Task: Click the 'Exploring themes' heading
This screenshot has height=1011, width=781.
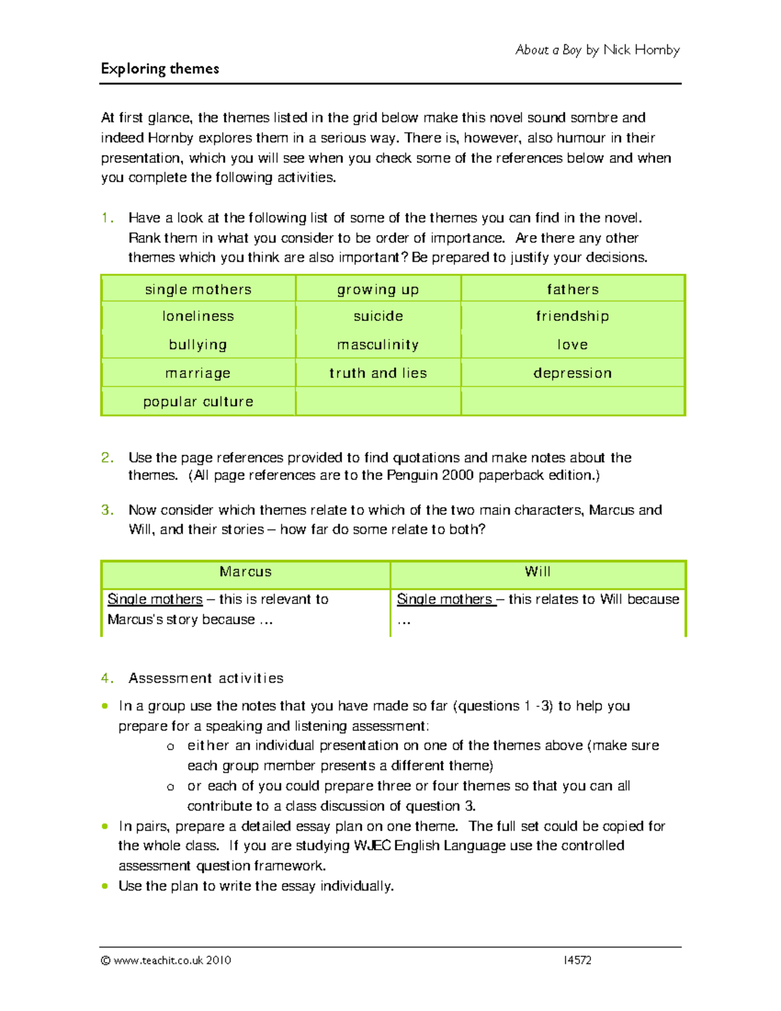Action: coord(160,69)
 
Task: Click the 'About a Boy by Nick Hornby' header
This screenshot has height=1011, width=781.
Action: coord(597,50)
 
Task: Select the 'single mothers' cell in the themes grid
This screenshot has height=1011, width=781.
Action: coord(198,290)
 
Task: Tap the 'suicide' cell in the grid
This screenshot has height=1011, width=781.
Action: coord(378,316)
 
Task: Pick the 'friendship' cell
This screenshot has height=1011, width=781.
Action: coord(572,316)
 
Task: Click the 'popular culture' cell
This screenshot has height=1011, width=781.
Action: coord(198,402)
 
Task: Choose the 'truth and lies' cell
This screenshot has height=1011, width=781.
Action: coord(378,373)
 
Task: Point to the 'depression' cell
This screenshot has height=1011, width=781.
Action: coord(572,373)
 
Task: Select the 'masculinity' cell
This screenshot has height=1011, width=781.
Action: coord(378,345)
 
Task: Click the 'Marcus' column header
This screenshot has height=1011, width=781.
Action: coord(245,572)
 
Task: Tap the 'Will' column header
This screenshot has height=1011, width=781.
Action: coord(538,572)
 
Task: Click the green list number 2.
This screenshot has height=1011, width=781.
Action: coord(107,458)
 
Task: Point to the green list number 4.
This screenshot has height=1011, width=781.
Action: coord(107,678)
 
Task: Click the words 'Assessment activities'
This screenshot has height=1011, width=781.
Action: coord(206,678)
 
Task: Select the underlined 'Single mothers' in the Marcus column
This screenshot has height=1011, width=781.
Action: coord(155,599)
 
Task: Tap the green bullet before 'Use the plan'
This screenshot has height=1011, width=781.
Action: coord(105,886)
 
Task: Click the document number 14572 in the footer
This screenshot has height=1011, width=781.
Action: coord(578,960)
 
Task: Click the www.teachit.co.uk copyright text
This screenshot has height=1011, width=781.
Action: coord(166,960)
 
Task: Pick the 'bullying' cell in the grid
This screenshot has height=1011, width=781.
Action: coord(198,345)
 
